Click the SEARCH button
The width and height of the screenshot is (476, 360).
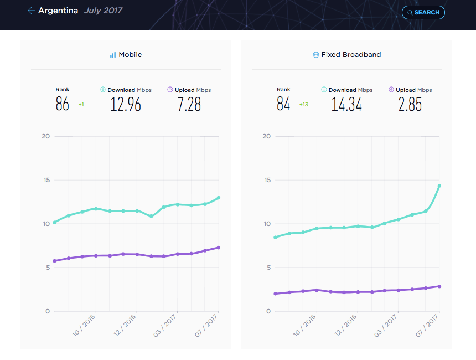coord(423,12)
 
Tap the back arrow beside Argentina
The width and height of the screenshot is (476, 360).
coord(31,11)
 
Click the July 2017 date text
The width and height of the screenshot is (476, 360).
coord(103,11)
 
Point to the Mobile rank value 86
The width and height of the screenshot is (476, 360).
coord(62,104)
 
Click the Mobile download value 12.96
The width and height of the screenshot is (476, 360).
coord(126,104)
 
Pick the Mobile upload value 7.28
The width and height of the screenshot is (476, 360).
coord(189,104)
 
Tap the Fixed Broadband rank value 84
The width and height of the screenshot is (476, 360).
coord(283,104)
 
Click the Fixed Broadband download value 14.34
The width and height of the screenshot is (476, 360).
coord(346,104)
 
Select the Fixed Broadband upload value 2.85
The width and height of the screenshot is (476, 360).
coord(410,104)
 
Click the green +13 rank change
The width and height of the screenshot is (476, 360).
coord(303,105)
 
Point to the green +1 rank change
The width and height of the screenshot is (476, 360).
coord(81,105)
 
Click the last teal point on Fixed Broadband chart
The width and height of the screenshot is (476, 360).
coord(439,186)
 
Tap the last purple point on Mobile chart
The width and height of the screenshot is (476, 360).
coord(218,248)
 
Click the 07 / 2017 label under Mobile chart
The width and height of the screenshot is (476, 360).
coord(206,326)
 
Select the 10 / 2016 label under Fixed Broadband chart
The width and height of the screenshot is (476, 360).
coord(304,325)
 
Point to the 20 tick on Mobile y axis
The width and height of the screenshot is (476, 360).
coord(45,136)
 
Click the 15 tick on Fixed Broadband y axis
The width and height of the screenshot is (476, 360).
coord(267,180)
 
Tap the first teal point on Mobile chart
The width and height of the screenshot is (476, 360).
coord(55,223)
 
